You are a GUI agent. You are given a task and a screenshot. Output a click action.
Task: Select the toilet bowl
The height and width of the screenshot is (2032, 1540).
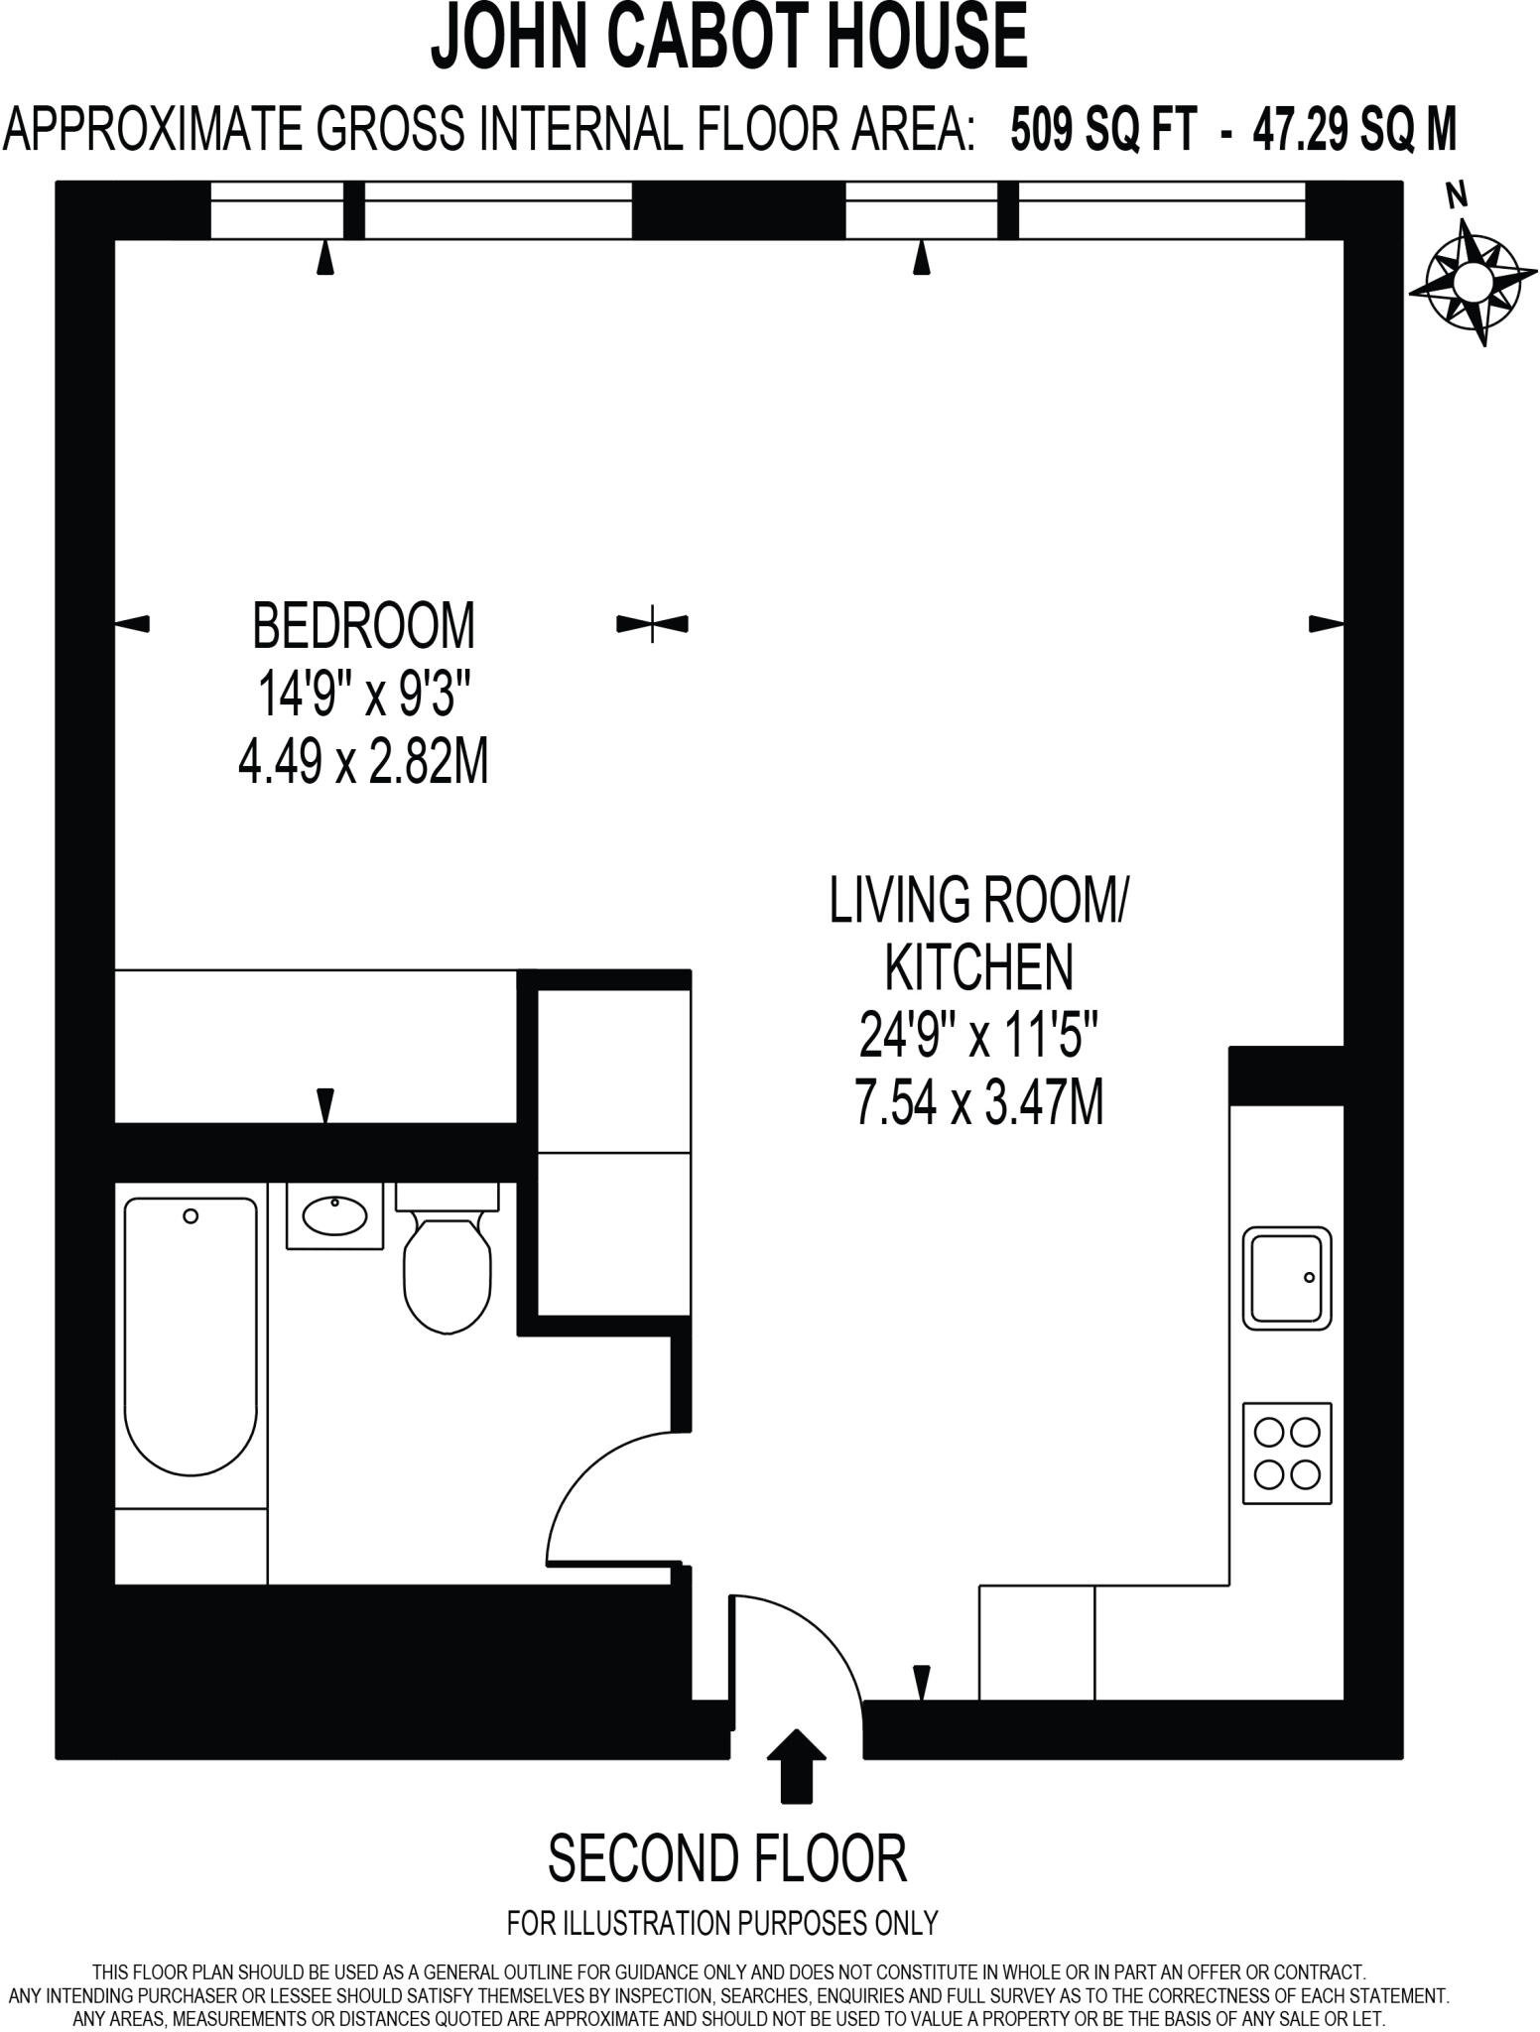[x=448, y=1275]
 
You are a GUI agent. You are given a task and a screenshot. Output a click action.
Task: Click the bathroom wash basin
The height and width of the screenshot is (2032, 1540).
[x=334, y=1215]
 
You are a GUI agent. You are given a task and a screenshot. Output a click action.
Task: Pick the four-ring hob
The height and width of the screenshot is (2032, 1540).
[x=1287, y=1454]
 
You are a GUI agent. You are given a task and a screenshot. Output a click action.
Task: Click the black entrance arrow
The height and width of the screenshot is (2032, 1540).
[x=797, y=1765]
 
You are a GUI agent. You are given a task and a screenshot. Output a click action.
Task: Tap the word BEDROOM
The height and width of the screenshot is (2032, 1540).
[x=364, y=626]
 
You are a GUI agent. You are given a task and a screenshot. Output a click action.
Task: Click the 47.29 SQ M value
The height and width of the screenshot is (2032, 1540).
[x=1353, y=130]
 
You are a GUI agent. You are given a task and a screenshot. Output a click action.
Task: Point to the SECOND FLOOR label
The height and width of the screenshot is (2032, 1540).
[x=727, y=1859]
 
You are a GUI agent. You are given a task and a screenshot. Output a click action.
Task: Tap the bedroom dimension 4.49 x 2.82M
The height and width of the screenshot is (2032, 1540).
[x=364, y=764]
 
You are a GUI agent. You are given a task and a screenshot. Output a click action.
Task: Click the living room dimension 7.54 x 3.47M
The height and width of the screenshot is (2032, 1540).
[x=978, y=1103]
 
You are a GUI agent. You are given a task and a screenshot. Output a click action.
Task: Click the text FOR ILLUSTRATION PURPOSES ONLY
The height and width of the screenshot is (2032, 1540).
[x=722, y=1923]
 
